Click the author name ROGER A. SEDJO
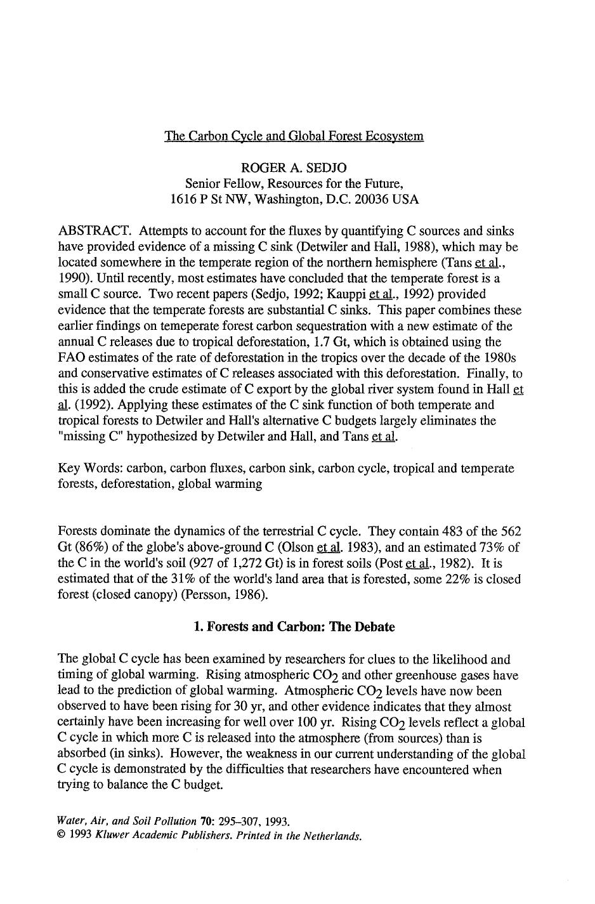pos(294,167)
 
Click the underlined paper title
pos(294,136)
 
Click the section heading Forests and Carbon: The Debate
pos(301,627)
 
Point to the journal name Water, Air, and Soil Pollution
pos(127,821)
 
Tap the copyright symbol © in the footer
pos(62,835)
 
